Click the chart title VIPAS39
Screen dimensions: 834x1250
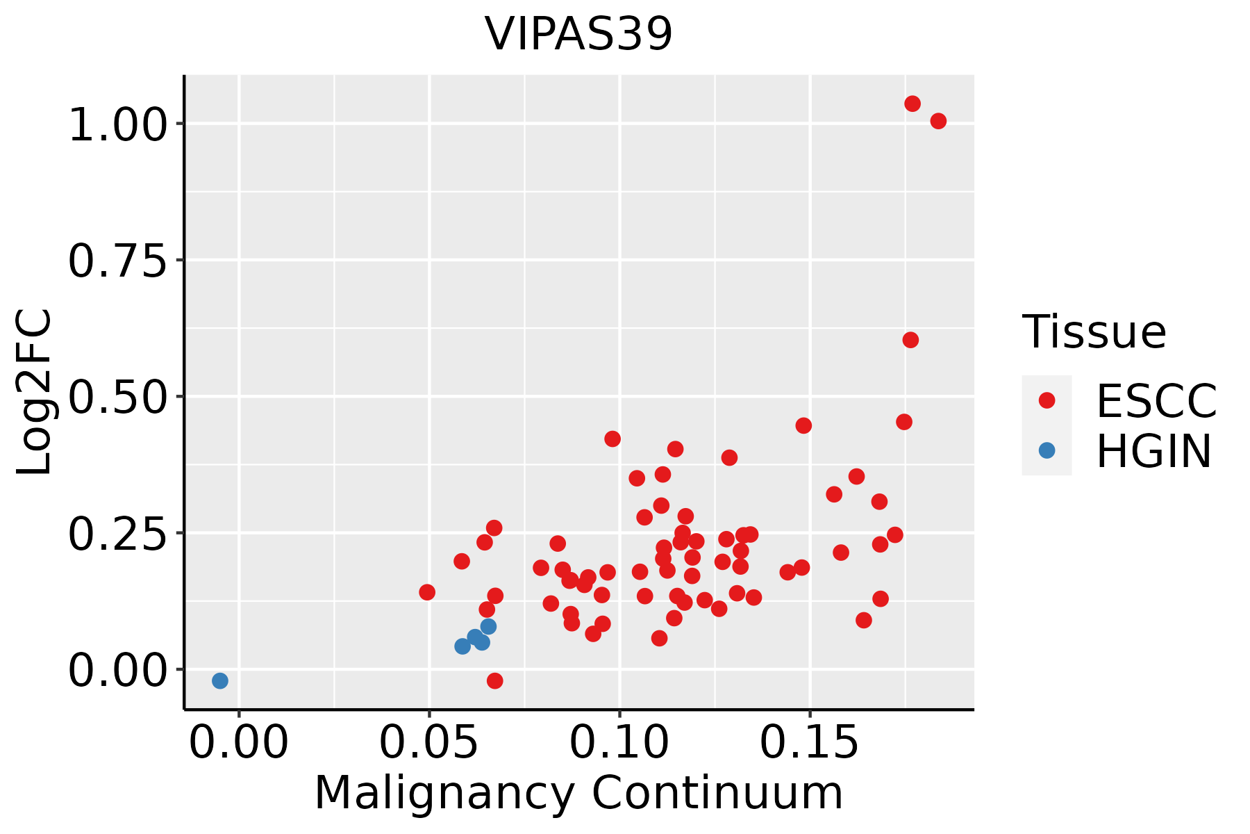tap(578, 33)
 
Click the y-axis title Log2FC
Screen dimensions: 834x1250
tap(35, 392)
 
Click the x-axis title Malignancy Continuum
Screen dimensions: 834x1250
tap(578, 793)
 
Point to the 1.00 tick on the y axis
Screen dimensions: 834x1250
tap(118, 124)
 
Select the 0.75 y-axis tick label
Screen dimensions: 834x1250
tap(118, 261)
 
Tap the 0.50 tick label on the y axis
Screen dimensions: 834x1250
tap(118, 397)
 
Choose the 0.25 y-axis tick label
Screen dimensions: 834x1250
tap(118, 533)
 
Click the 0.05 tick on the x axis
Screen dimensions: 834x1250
tap(429, 743)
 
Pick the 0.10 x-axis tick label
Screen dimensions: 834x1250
tap(619, 743)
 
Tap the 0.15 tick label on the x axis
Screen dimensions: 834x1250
tap(810, 743)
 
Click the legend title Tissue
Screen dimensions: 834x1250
tap(1094, 332)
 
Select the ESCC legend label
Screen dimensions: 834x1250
tap(1156, 401)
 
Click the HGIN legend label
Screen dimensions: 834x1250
tap(1153, 451)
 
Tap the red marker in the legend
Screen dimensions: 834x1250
tap(1047, 400)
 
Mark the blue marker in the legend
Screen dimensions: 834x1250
tap(1047, 450)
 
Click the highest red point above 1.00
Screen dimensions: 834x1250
tap(912, 104)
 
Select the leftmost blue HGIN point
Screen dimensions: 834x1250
tap(220, 680)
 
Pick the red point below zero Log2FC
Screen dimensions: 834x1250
tap(494, 680)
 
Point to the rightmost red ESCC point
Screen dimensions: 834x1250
tap(938, 121)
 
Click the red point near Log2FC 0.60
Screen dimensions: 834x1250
tap(910, 340)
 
